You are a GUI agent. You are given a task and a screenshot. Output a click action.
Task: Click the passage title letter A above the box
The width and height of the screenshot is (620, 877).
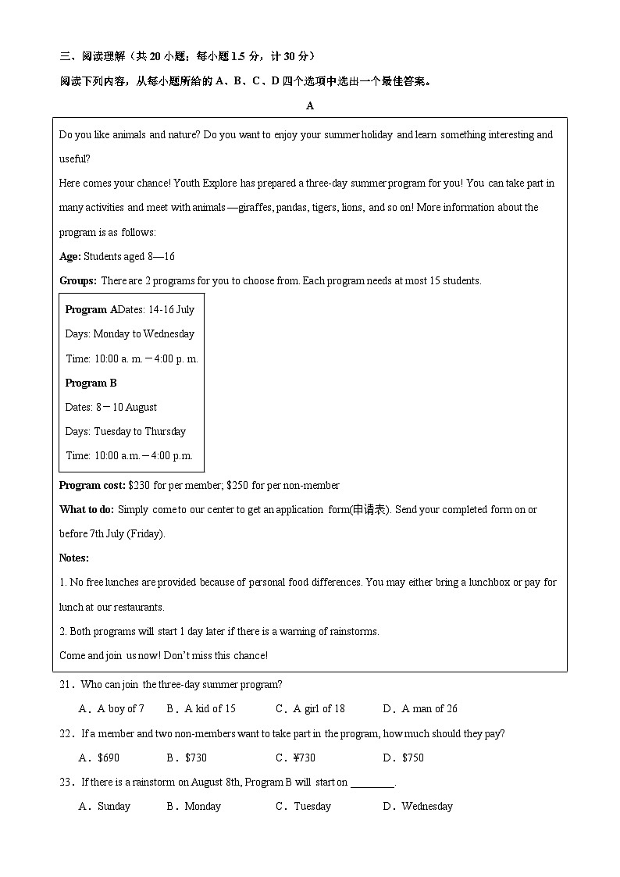[310, 106]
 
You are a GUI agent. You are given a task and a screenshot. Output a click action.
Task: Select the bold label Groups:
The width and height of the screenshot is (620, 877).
[78, 280]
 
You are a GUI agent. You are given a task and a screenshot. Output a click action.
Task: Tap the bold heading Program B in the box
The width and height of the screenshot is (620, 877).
[91, 383]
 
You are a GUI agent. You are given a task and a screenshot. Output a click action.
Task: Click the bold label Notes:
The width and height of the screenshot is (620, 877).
[74, 558]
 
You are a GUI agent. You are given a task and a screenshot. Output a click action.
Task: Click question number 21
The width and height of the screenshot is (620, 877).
[66, 685]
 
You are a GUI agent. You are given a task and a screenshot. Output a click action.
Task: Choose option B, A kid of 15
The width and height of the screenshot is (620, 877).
[201, 709]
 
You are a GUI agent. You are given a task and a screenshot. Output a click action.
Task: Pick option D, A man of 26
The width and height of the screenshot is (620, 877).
[420, 709]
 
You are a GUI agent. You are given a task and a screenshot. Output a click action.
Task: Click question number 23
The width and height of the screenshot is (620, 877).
[66, 782]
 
